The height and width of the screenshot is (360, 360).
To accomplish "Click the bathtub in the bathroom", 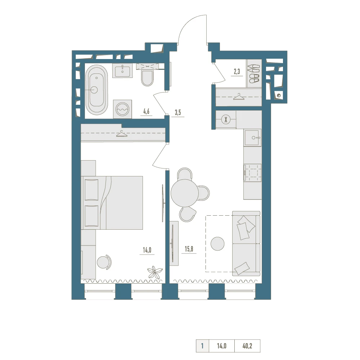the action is click(96, 90).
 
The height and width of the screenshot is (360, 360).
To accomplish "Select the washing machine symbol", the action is click(122, 109).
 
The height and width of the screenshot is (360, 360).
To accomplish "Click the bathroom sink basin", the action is click(122, 70).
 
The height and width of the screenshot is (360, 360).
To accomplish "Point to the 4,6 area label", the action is click(146, 112).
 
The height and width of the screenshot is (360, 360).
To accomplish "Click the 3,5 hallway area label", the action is click(178, 112).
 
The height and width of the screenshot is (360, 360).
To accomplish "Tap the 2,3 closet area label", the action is click(237, 72).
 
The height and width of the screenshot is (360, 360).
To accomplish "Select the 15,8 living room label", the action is click(189, 249).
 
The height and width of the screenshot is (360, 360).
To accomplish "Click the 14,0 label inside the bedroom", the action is click(147, 250).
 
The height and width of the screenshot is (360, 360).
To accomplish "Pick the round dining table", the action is click(185, 193).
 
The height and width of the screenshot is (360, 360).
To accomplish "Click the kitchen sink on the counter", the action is click(253, 138).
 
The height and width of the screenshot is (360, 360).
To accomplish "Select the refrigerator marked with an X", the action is click(226, 120).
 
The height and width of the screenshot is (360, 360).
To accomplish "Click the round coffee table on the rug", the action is click(217, 244).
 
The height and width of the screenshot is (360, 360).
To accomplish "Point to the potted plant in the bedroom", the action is click(155, 272).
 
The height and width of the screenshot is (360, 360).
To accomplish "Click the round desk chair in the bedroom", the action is click(104, 262).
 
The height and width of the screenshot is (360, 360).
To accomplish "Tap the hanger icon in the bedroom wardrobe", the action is click(122, 134).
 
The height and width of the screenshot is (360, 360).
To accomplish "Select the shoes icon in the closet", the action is click(254, 73).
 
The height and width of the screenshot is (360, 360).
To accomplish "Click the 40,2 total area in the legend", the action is click(247, 346).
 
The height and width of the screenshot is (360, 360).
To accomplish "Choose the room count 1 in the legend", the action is click(202, 346).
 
